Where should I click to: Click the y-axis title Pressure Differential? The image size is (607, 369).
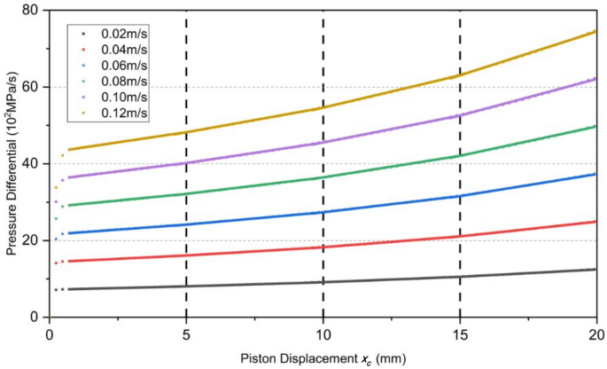(x=12, y=164)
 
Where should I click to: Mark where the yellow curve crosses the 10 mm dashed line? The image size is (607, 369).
(x=323, y=107)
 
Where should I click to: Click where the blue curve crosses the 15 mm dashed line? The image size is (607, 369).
(x=460, y=196)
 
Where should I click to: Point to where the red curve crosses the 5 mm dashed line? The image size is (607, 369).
(x=186, y=255)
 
